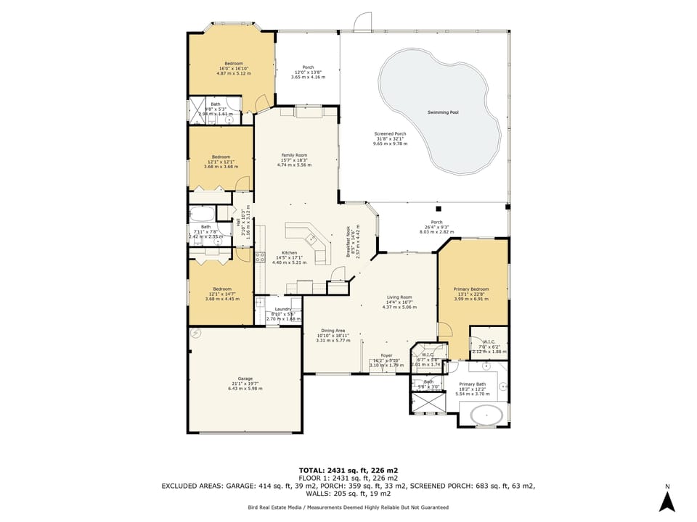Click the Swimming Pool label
[443, 112]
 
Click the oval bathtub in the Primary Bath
[486, 415]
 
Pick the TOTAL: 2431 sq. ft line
[348, 470]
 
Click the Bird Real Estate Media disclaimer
[348, 507]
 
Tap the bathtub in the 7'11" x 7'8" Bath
[201, 214]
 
